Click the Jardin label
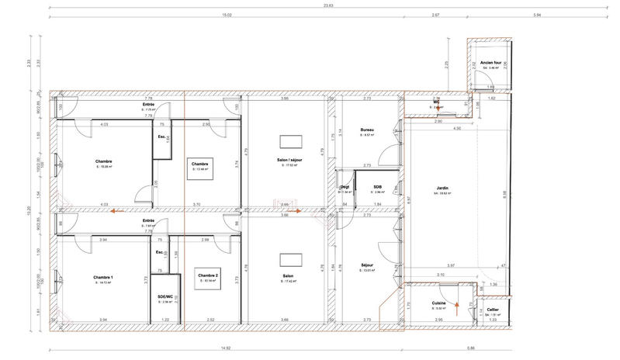click(443, 187)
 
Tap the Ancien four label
click(490, 62)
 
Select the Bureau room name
click(369, 130)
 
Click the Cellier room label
click(493, 309)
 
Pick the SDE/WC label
click(164, 297)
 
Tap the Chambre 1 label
click(103, 277)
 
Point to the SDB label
click(377, 187)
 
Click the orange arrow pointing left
click(117, 209)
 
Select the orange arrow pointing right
click(313, 209)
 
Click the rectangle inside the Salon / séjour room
click(292, 140)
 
